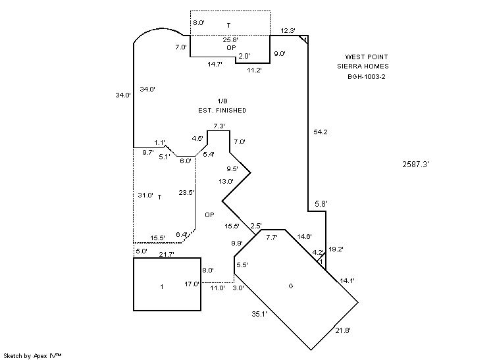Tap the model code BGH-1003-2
coord(367,76)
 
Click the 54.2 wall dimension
coord(321,132)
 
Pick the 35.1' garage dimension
coord(259,314)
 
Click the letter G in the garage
coord(290,286)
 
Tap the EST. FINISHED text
coord(222,110)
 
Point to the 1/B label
coord(222,101)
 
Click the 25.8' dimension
coord(230,40)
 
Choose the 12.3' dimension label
coord(288,30)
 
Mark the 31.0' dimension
coord(145,195)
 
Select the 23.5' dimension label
coord(186,193)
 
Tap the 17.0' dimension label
coord(192,284)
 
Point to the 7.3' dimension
coord(219,126)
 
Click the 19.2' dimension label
coord(336,249)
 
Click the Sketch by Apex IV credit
coord(34,355)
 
